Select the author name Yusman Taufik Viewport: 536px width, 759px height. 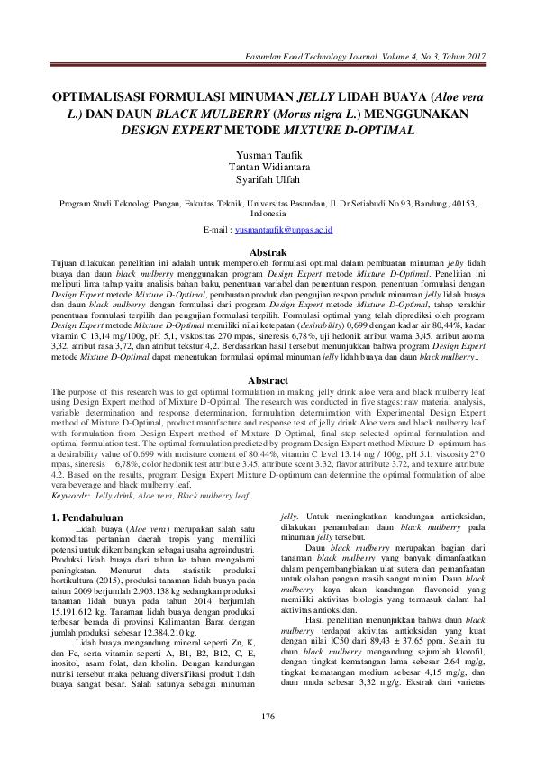(x=268, y=155)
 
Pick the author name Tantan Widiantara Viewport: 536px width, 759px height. (x=268, y=168)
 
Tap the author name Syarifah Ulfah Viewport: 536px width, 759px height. (x=268, y=180)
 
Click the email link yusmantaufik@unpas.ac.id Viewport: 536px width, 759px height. (x=284, y=231)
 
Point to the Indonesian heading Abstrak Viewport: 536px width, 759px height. (x=268, y=252)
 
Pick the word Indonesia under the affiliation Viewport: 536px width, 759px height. (x=268, y=215)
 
